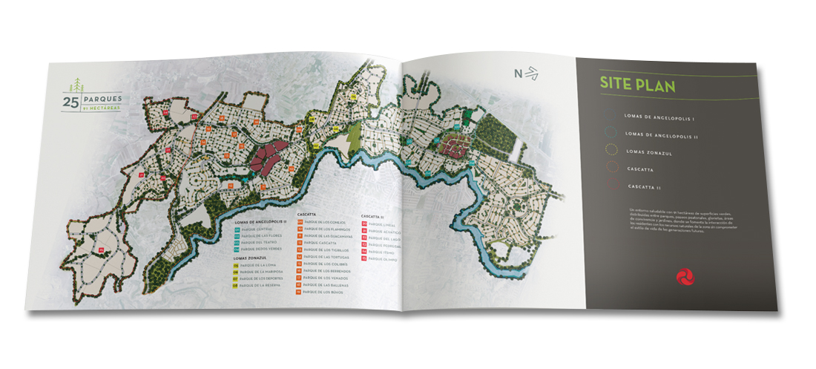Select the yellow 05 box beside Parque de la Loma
click(x=235, y=265)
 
